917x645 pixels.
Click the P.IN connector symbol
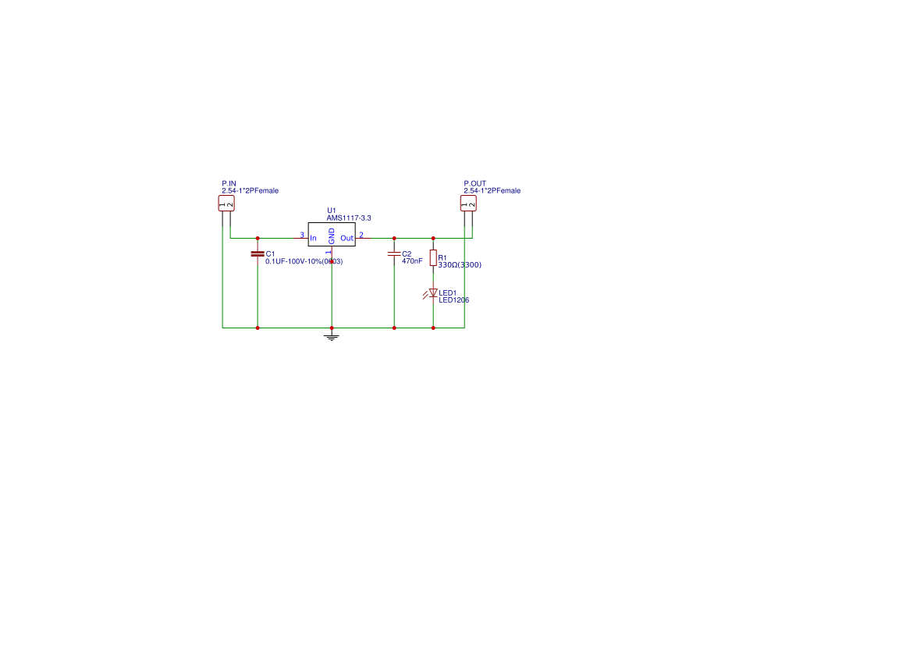[x=226, y=204]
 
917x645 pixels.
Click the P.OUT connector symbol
[x=468, y=204]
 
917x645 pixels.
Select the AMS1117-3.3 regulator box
[x=332, y=234]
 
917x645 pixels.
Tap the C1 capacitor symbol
[x=258, y=254]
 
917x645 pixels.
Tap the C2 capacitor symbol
[x=394, y=254]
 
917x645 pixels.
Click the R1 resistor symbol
[x=433, y=257]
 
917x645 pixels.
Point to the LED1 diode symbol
[x=432, y=293]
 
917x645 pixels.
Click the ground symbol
[x=332, y=336]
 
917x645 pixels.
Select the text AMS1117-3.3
[x=349, y=218]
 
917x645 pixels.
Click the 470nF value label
[x=412, y=261]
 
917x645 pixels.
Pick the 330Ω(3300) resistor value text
[x=460, y=264]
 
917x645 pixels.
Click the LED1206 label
[x=454, y=300]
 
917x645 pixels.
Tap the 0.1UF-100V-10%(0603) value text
[x=304, y=261]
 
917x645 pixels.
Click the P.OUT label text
[x=474, y=183]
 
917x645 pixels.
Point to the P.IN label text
[x=229, y=183]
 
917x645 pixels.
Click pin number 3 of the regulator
[x=302, y=235]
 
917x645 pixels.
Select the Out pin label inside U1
[x=347, y=239]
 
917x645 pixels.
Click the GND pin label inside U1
[x=332, y=236]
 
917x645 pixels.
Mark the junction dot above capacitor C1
[x=258, y=239]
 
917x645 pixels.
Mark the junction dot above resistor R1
[x=433, y=239]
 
